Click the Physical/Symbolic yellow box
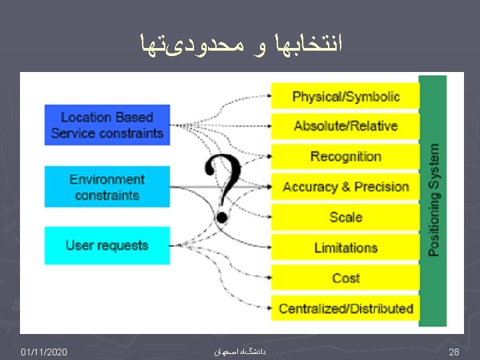tap(345, 96)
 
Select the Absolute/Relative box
tap(345, 126)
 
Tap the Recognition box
tap(345, 157)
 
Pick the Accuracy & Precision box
tap(345, 187)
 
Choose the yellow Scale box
tap(345, 217)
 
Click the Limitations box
tap(345, 248)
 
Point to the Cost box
tap(345, 278)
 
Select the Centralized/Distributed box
tap(345, 309)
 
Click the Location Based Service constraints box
tap(107, 125)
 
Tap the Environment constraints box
tap(107, 187)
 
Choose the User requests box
tap(107, 245)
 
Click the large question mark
tap(223, 187)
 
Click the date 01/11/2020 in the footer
tap(44, 351)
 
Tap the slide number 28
tap(453, 351)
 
